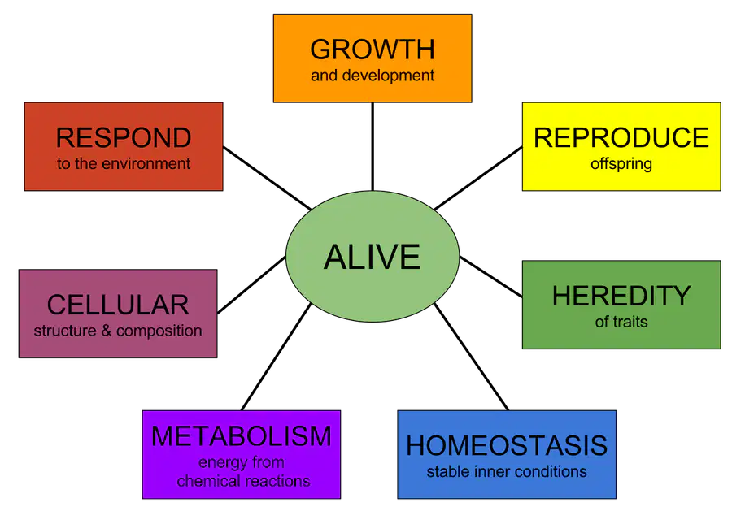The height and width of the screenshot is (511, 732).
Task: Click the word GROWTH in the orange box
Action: coord(373,50)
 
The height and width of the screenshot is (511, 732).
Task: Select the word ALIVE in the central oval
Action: coord(372,257)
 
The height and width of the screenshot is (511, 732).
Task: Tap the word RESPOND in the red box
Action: coord(124,137)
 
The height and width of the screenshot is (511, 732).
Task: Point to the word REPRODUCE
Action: coord(621,137)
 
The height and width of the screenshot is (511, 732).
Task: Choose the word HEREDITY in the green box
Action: coord(621,296)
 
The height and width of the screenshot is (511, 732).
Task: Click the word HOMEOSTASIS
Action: coord(507,445)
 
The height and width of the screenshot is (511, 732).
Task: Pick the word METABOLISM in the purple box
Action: coord(242,436)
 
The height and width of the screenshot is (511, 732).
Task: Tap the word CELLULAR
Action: coord(118,305)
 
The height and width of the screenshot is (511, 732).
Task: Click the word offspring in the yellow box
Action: coord(621,164)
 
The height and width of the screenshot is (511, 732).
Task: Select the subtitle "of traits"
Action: coord(621,322)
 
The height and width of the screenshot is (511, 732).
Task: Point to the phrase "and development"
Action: coord(373,76)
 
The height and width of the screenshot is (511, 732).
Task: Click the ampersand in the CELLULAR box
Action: coord(107,331)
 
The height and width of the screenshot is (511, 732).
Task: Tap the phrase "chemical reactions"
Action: coord(244,481)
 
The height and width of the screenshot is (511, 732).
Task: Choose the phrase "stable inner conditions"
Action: coord(507,472)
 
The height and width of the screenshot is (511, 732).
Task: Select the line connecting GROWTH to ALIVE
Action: coord(373,147)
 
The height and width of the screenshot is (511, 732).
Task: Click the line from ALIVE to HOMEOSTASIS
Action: coord(472,357)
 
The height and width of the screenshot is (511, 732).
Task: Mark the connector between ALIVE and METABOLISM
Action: coord(277,357)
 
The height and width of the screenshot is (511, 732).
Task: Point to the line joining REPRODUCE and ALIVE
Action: coord(478,178)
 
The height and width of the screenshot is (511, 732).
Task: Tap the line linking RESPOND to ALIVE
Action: coord(267,178)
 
